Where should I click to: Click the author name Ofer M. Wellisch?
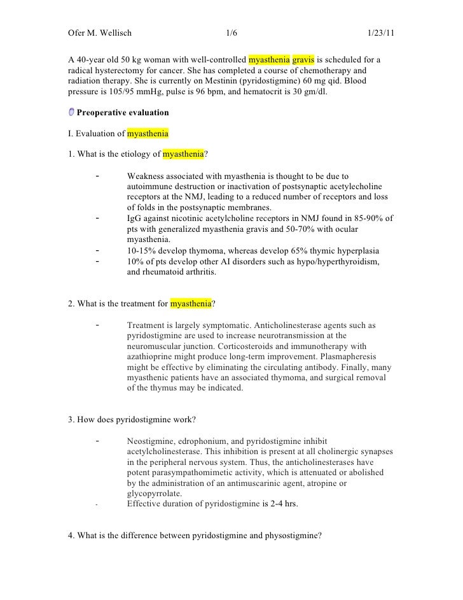[x=100, y=33]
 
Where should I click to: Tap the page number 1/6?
[x=231, y=33]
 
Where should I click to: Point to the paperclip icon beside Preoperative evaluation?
[x=71, y=113]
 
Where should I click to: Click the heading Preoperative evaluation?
[x=123, y=113]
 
